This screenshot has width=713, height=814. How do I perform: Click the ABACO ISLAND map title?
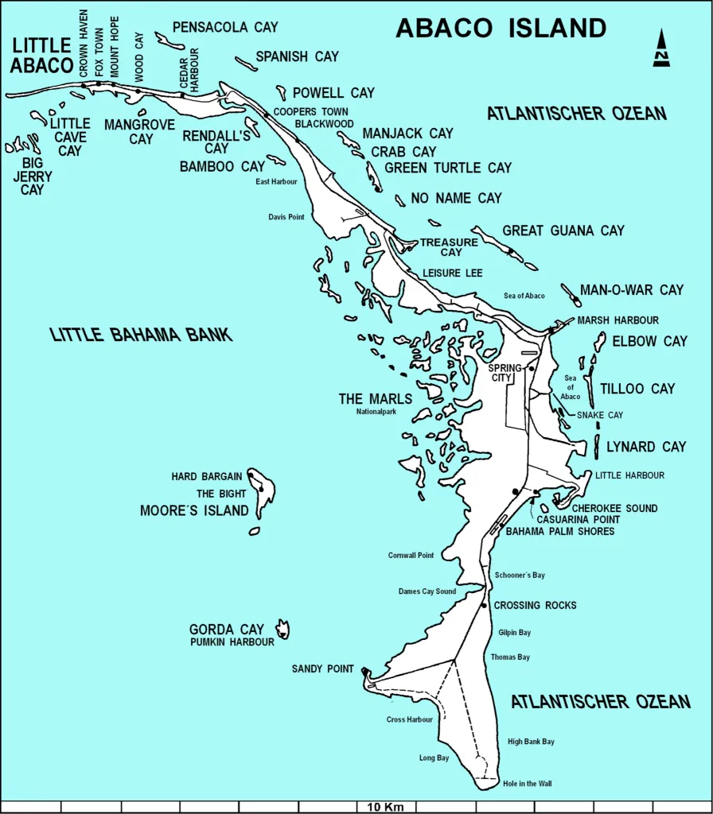coord(501,28)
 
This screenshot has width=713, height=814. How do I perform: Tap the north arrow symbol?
coord(661,48)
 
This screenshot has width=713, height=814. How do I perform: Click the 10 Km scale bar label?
coord(385,807)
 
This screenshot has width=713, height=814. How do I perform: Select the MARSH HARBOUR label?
coord(618,320)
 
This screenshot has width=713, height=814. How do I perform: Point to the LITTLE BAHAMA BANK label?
coord(142,335)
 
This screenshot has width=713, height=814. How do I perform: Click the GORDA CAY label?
coord(226,630)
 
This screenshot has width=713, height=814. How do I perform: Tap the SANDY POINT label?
coord(322,669)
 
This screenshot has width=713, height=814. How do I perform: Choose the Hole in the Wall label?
coord(527,784)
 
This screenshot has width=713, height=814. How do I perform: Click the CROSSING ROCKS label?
coord(535,606)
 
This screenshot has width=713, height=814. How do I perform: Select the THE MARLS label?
coord(376,399)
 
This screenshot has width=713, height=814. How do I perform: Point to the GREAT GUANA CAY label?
coord(563,231)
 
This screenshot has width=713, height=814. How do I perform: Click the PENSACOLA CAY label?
coord(225,27)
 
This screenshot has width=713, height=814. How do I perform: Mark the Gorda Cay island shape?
coord(282,630)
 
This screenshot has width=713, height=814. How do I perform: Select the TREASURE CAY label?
coord(449,247)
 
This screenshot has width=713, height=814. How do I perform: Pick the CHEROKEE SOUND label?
coord(615,508)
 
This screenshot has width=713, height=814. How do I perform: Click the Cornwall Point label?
coord(411,555)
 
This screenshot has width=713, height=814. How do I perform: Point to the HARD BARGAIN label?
coord(206,477)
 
